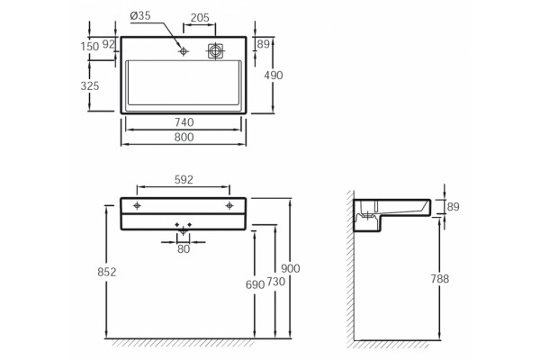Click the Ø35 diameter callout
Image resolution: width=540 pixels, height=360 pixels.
click(140, 16)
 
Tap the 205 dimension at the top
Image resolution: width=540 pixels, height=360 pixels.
click(200, 18)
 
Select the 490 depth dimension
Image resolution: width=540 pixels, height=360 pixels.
click(274, 75)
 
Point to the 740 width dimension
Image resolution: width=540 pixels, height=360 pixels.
click(184, 122)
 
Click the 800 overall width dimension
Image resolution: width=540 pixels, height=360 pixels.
click(184, 137)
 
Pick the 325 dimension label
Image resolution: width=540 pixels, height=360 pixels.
click(90, 85)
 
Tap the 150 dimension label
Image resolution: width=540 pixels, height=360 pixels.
click(90, 46)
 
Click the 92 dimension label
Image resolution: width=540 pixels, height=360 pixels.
click(109, 44)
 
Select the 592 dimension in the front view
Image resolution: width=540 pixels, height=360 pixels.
click(184, 179)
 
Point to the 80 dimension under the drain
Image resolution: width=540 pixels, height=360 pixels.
click(184, 248)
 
